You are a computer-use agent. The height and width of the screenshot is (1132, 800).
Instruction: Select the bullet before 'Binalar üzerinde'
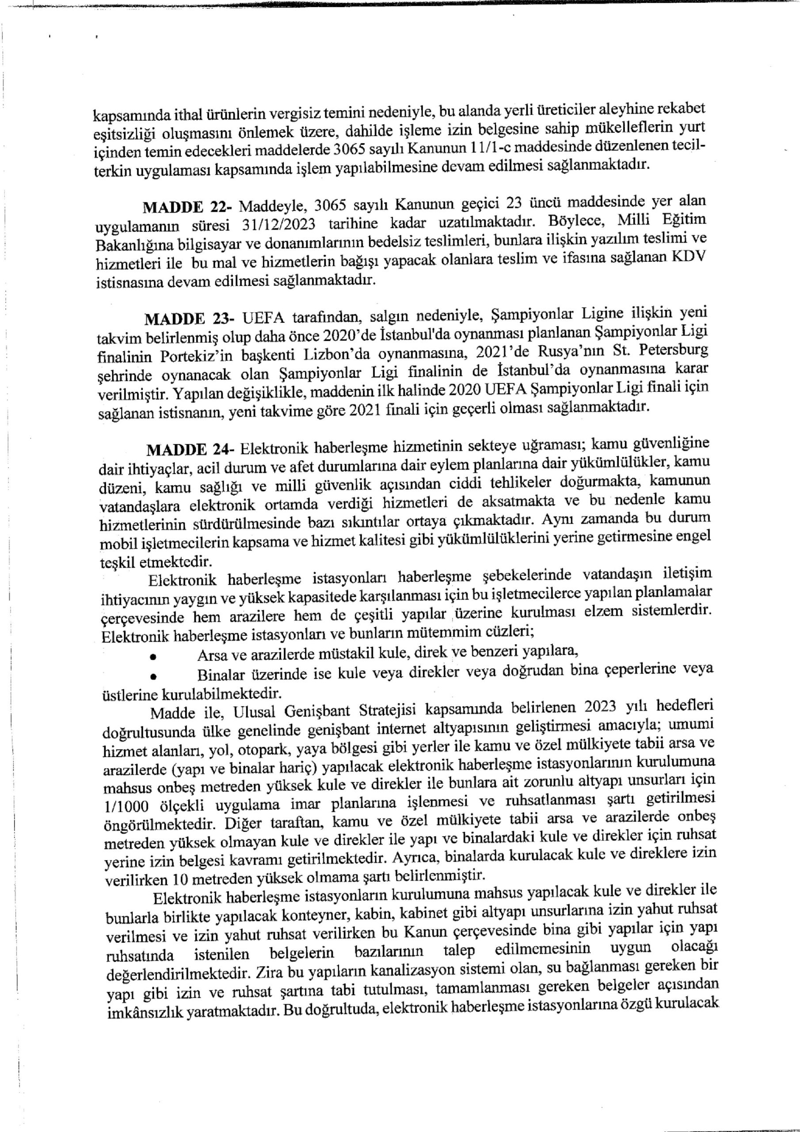click(154, 677)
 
